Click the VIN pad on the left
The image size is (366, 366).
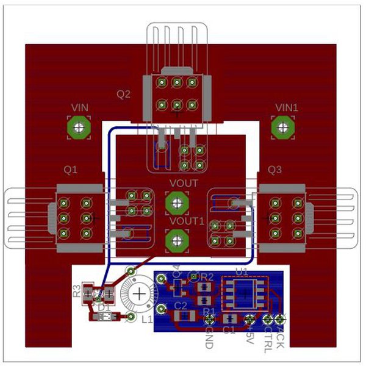pyautogui.click(x=79, y=127)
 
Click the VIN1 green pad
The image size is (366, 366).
pyautogui.click(x=282, y=127)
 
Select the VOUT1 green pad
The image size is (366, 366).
pyautogui.click(x=176, y=240)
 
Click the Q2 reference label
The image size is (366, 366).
pyautogui.click(x=124, y=94)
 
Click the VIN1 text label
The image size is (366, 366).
pyautogui.click(x=287, y=107)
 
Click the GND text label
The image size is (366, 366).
pyautogui.click(x=209, y=337)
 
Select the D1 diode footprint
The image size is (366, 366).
pyautogui.click(x=107, y=317)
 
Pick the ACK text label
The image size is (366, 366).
pyautogui.click(x=281, y=336)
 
